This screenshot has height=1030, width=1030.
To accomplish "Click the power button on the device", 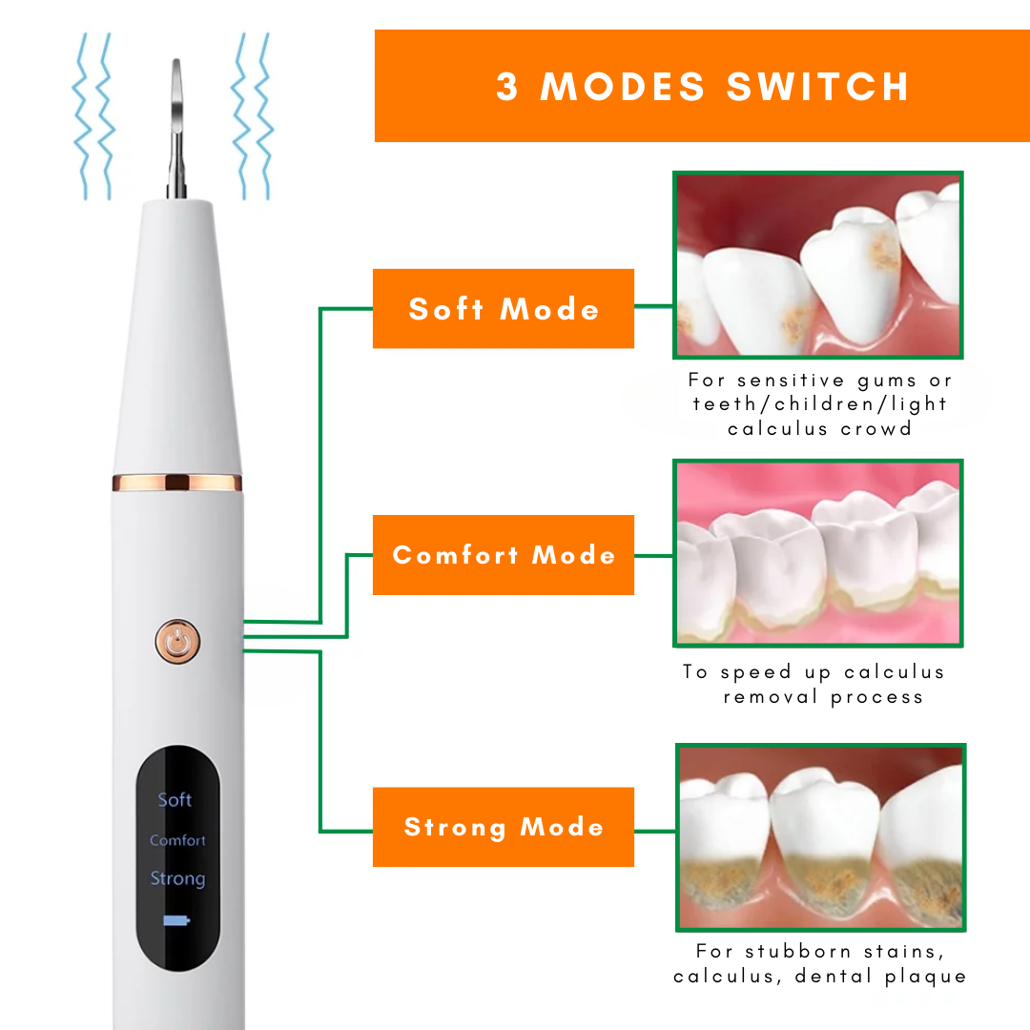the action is (x=177, y=642).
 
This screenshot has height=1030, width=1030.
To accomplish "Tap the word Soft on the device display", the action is (x=175, y=799).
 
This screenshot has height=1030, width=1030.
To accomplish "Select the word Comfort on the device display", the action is (x=177, y=840).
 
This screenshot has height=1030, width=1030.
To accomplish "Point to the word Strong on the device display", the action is (x=177, y=878).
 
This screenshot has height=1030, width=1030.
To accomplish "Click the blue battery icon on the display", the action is (x=176, y=920).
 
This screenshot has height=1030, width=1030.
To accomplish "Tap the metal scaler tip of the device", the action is (x=176, y=128).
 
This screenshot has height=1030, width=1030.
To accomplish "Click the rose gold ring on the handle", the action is (x=177, y=483).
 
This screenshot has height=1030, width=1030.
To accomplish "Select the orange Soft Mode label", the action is (x=504, y=309).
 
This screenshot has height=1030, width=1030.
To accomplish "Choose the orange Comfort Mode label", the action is (x=504, y=555).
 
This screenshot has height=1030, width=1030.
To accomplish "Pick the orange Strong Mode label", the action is (x=504, y=827).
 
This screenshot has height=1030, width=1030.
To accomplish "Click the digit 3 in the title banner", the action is (x=507, y=87).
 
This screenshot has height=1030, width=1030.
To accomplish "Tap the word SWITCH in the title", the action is (x=818, y=87).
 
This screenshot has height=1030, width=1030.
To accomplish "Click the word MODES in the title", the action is (x=623, y=87).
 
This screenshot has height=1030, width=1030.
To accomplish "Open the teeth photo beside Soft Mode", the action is (x=818, y=265).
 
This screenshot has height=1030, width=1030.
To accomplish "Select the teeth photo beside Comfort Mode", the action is (x=818, y=553).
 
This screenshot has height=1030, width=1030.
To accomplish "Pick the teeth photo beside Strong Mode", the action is (x=820, y=837).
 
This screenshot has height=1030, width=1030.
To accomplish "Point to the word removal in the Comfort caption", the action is (x=771, y=696).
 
